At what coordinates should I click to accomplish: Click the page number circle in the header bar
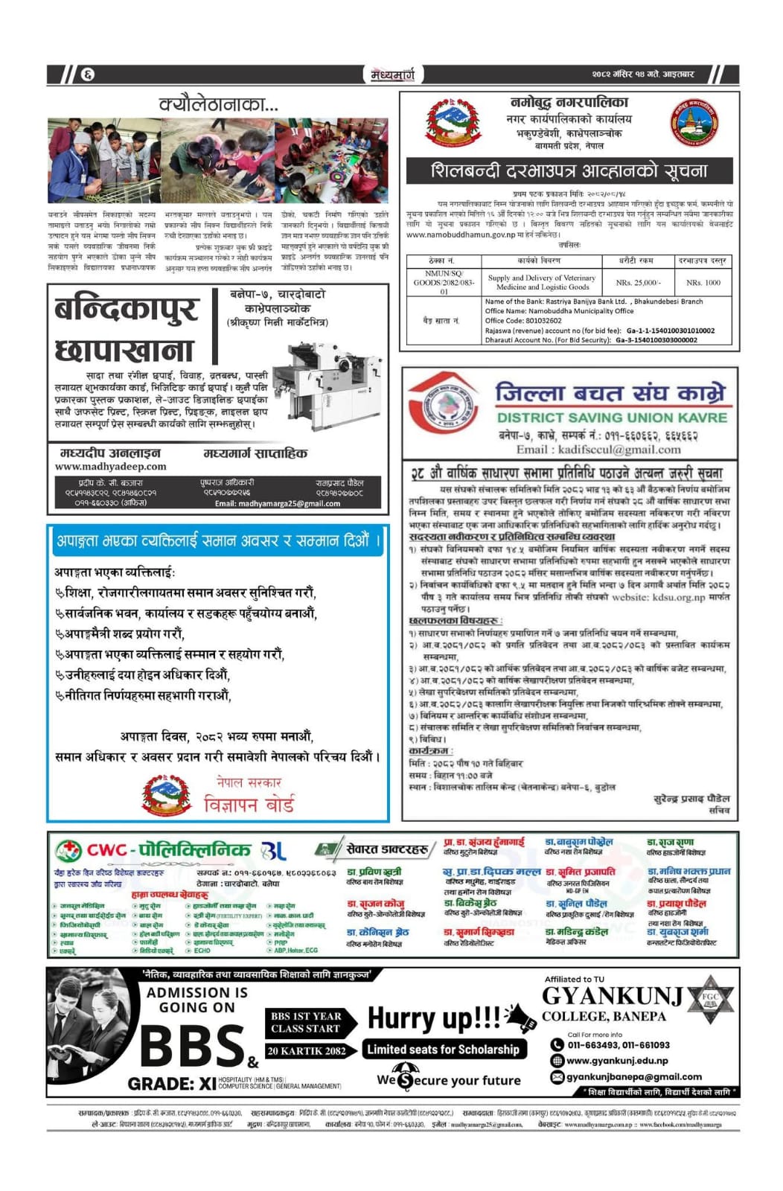[89, 74]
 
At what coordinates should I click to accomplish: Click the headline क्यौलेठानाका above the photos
[218, 105]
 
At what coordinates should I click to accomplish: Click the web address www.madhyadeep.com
[110, 467]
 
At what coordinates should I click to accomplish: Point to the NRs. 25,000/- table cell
[636, 283]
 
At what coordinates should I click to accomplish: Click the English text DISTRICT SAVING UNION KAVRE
[612, 418]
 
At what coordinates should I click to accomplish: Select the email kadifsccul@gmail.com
[598, 450]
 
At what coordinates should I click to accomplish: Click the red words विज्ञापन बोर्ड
[249, 804]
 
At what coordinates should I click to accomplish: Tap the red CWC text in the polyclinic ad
[108, 850]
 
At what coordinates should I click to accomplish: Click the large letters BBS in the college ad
[192, 1046]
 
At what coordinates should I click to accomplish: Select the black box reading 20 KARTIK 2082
[307, 1051]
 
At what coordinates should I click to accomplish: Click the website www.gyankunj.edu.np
[617, 1061]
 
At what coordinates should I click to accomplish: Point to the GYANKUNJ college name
[612, 996]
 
